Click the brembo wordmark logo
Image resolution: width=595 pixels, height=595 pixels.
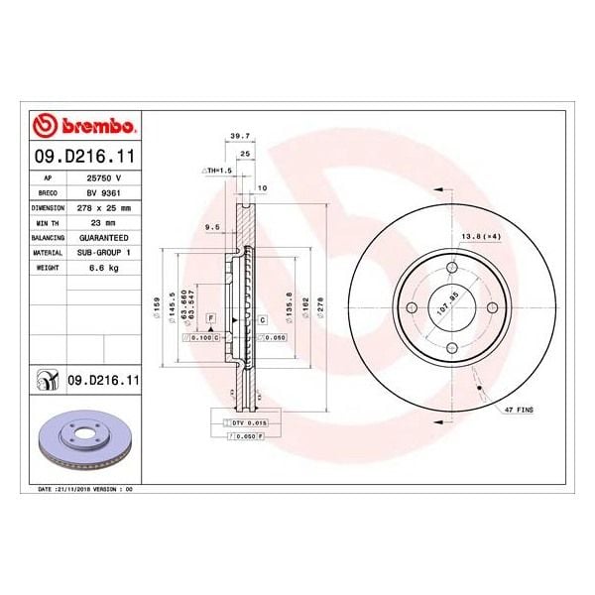coord(84,127)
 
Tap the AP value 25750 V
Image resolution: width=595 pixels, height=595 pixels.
coord(104,178)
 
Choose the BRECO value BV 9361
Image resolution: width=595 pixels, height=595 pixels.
coord(104,193)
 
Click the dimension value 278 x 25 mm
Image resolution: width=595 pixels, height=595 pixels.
coord(104,208)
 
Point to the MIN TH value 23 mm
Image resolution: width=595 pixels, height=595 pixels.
coord(104,224)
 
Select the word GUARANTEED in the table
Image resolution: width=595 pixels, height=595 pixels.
coord(104,239)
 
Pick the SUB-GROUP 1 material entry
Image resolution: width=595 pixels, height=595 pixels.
coord(104,254)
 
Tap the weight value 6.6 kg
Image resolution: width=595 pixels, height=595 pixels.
coord(104,269)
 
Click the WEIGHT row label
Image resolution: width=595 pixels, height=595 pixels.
coord(51,269)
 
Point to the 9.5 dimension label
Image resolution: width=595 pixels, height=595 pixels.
coord(211,227)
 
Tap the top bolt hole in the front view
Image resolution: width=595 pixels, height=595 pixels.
coord(451,269)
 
